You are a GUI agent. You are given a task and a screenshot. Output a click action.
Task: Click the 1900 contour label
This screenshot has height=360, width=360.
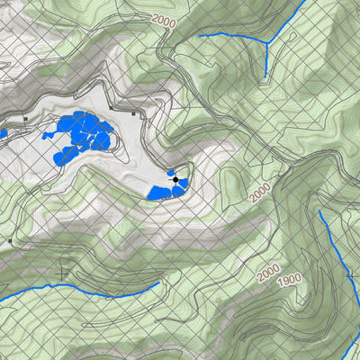coord(288,280)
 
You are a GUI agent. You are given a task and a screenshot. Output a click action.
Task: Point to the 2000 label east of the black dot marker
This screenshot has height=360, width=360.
coord(259,191)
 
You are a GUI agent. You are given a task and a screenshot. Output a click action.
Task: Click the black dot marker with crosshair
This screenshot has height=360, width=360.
coord(175,180)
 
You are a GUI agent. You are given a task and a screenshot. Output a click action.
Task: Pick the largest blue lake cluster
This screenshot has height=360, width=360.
coord(81,137)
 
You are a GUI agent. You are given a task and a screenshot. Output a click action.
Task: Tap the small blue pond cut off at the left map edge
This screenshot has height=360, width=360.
coord(3,134)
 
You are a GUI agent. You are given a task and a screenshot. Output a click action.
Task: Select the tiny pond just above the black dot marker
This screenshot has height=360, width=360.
coord(170,171)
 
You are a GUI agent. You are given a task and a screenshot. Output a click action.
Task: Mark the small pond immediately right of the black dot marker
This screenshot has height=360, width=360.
coord(183,184)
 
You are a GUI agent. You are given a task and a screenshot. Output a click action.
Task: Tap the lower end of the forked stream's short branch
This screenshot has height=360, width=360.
coord(266,76)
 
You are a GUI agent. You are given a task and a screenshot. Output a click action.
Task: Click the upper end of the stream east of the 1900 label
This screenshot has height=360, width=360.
coord(319,211)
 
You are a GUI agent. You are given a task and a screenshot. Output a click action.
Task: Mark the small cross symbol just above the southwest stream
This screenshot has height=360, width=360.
coord(61,270)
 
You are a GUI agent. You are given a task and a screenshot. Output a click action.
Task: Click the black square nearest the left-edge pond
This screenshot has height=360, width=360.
coord(27,118)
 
